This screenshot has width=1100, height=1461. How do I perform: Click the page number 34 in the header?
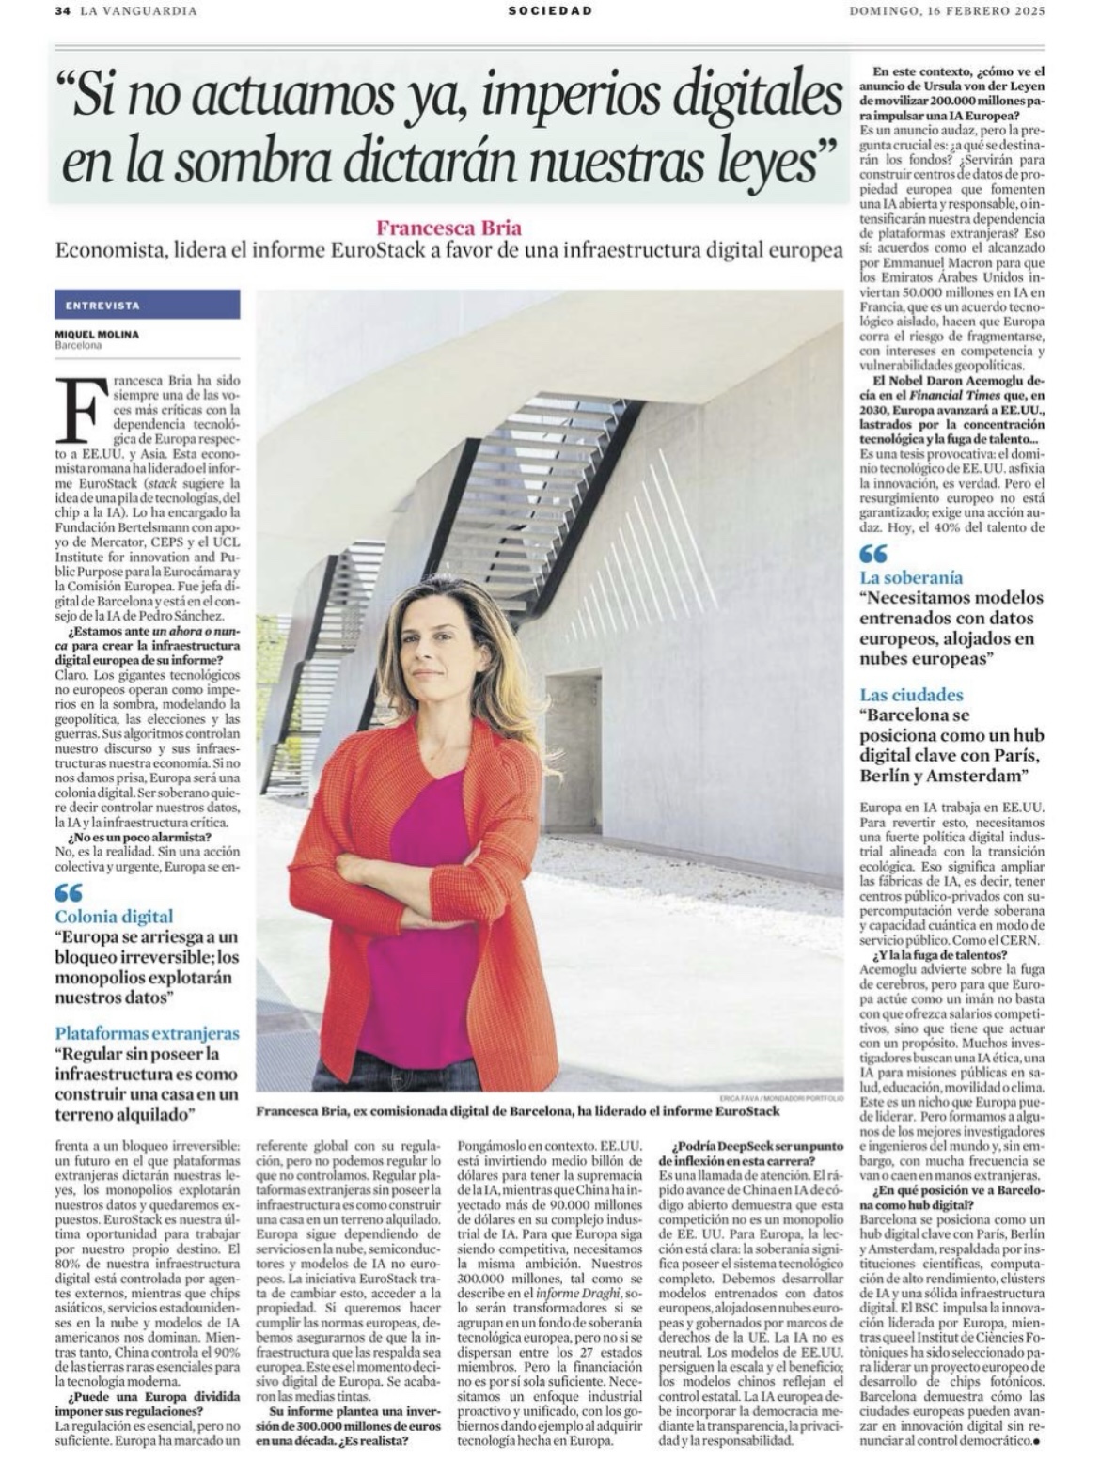63,11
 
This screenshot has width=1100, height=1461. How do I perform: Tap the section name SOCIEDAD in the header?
550,11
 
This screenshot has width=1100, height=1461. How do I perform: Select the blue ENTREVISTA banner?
147,305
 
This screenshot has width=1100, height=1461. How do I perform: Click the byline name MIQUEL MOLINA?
96,335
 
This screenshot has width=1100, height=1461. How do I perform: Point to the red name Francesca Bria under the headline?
448,228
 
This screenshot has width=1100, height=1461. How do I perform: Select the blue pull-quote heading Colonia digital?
114,916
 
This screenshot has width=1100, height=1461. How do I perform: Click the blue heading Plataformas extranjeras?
147,1033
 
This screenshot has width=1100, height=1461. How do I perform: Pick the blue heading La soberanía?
911,577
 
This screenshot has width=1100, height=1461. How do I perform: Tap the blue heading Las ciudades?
911,695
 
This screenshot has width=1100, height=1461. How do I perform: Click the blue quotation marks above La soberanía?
873,555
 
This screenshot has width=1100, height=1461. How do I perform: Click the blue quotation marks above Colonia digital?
69,892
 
